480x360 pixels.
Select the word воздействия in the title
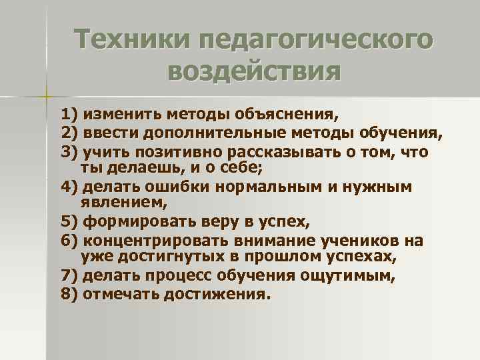[253, 71]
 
